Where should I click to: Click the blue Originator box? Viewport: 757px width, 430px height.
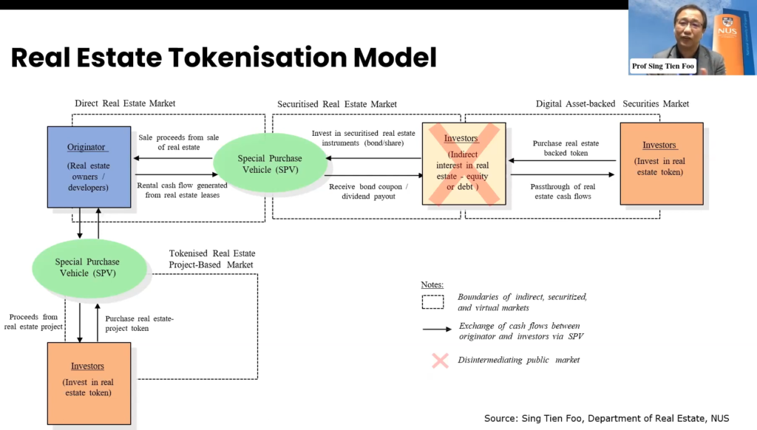89,166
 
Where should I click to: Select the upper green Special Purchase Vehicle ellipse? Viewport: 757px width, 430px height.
270,163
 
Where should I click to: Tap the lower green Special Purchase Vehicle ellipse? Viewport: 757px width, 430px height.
87,267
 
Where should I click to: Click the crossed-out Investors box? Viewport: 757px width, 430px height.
464,163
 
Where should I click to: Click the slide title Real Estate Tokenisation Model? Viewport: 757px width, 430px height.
223,57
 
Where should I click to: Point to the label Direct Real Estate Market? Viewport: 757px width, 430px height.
125,103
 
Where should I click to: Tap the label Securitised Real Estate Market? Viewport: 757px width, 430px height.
336,104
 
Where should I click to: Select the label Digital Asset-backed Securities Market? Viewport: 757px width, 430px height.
612,104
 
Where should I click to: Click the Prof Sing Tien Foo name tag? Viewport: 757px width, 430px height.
665,66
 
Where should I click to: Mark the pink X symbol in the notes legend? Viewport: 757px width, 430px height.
440,360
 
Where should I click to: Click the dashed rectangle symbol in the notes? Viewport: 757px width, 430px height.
432,301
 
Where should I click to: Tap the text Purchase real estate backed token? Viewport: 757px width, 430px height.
566,148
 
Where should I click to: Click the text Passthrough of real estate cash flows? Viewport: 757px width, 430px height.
563,191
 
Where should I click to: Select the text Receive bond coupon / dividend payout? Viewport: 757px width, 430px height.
368,191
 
